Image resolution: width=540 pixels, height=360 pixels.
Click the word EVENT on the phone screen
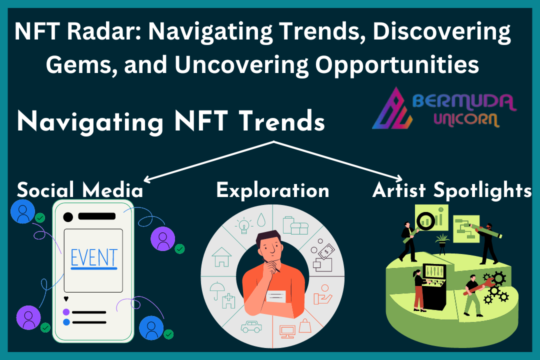coord(94,257)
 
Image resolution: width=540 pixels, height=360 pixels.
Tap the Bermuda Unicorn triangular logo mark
coord(392,109)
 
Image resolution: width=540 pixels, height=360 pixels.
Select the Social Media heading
coord(80,190)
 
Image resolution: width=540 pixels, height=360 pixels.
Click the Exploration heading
coord(273,190)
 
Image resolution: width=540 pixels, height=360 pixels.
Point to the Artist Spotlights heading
coord(452,190)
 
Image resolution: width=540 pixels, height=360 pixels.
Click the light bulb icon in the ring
coord(244,226)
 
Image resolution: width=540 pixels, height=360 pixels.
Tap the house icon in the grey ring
coord(221,257)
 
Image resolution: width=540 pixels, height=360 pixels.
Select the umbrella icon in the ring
coord(217,290)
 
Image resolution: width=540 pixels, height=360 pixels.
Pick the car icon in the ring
coord(251,326)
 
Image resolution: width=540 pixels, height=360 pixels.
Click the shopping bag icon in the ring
coord(305,325)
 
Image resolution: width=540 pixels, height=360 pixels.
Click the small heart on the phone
coord(66,298)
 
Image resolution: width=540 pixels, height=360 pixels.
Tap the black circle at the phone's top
coord(68,217)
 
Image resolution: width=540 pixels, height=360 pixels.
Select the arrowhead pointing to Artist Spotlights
coord(399,178)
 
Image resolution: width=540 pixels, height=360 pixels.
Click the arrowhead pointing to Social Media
coord(146,179)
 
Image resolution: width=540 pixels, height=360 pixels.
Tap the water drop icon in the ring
coord(261,219)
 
